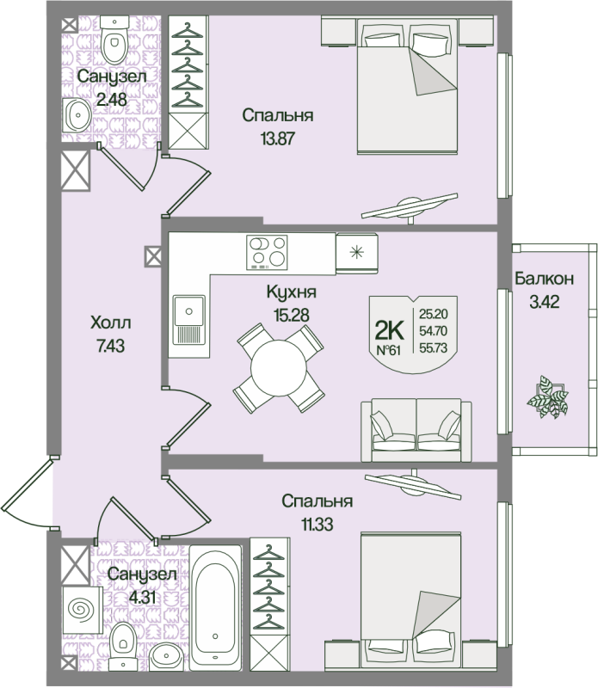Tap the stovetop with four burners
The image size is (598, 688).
click(267, 252)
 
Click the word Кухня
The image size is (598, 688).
click(287, 292)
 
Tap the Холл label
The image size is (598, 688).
click(111, 324)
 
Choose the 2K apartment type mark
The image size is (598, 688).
click(390, 329)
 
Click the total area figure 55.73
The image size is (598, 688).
click(433, 347)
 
